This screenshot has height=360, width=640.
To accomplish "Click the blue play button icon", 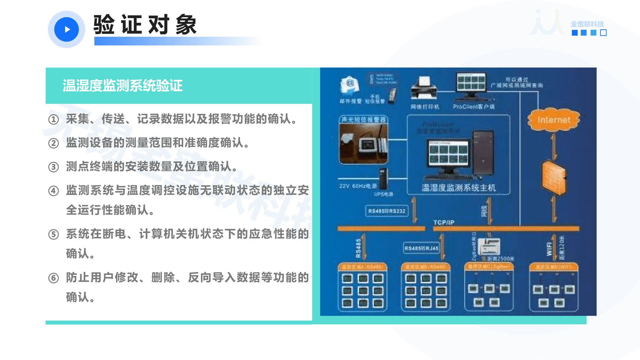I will [x=67, y=29].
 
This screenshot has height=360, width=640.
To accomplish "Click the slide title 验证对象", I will [x=145, y=25].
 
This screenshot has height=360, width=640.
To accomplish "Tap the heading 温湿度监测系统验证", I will [x=123, y=86].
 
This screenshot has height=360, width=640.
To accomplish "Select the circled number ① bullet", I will [x=53, y=119].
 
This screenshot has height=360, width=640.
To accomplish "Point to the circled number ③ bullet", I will [x=53, y=167].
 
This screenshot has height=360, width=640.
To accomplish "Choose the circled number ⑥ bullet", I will [x=53, y=278].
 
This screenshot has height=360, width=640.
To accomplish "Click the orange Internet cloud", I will [x=554, y=120].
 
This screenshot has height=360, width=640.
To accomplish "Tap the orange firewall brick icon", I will [x=554, y=178].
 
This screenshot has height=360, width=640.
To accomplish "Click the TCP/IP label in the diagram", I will [x=444, y=222].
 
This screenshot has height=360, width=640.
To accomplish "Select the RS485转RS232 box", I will [x=387, y=211].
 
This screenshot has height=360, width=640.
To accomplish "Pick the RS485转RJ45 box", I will [x=421, y=248].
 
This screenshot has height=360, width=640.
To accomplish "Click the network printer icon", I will [x=424, y=88].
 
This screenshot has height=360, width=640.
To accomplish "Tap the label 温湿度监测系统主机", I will [x=459, y=188].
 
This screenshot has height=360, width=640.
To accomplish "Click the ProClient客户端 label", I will [x=474, y=107].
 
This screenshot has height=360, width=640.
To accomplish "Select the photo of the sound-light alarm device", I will [x=364, y=143].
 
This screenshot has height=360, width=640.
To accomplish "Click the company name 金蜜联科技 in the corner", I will [x=587, y=24].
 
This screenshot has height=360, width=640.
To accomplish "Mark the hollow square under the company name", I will [x=603, y=33].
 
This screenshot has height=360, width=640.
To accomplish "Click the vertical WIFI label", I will [x=549, y=249].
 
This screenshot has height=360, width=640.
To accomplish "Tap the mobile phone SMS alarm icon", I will [x=392, y=95].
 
